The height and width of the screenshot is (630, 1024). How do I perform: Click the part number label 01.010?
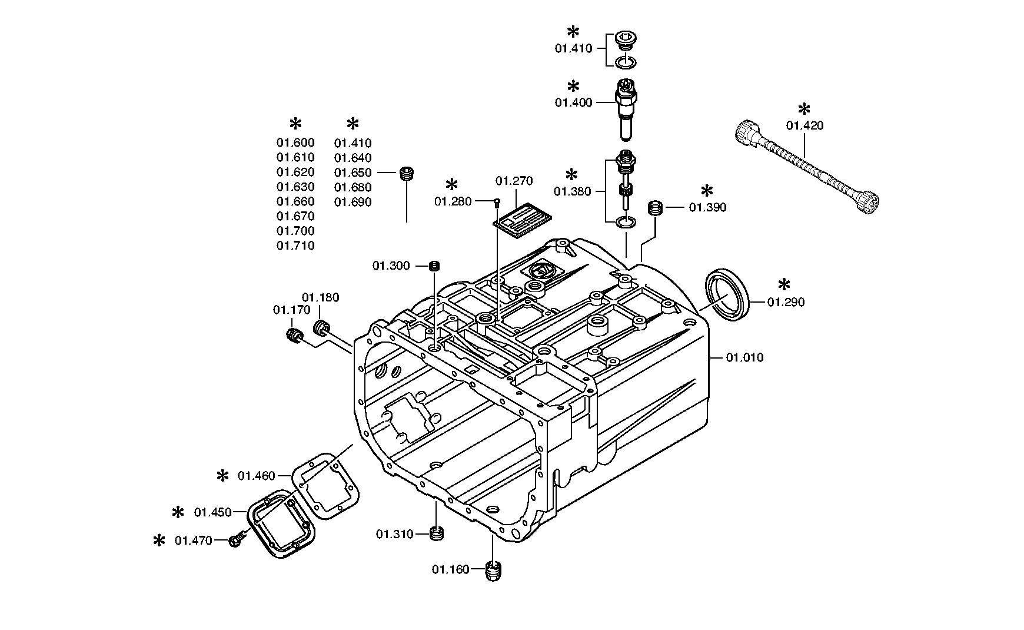744,357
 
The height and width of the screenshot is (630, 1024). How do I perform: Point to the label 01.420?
805,125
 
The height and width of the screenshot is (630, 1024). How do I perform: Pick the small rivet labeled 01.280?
497,202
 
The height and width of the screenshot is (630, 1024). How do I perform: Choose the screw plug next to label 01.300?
434,266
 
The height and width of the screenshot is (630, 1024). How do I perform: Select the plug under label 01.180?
321,327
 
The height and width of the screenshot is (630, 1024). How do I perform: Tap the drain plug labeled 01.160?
495,571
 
